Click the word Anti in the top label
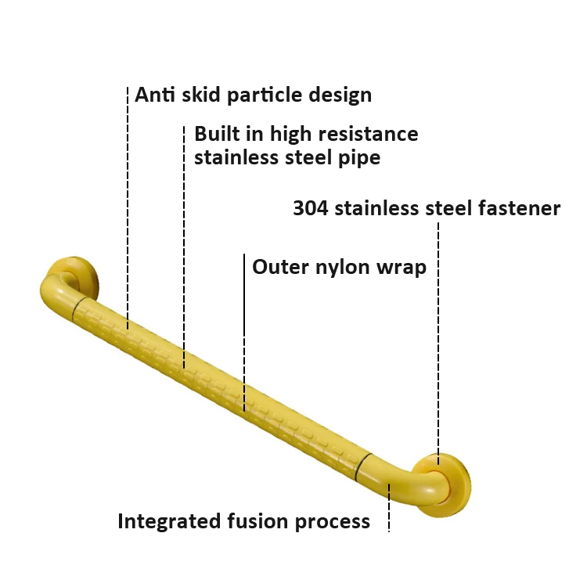click(155, 95)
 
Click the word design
click(337, 96)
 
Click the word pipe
click(362, 158)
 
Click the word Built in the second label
click(212, 134)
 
